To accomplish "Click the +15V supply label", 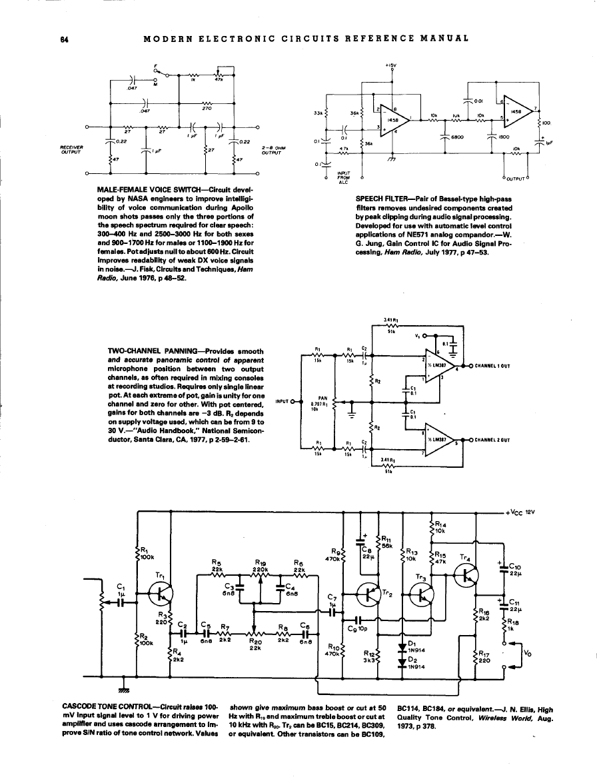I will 391,65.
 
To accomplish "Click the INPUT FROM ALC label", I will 344,178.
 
